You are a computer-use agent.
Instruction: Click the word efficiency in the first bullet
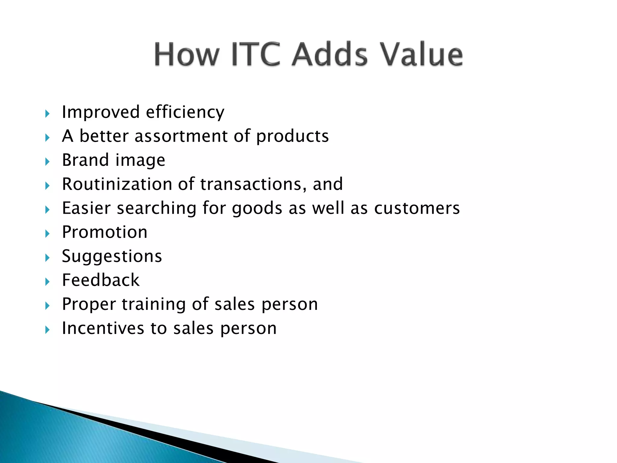point(185,112)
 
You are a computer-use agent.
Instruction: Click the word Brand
point(85,160)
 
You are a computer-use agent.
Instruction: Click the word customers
point(417,208)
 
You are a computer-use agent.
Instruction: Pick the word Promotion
point(105,232)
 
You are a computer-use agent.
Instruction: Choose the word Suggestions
point(112,257)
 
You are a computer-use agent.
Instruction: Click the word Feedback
point(101,280)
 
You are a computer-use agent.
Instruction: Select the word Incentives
point(103,328)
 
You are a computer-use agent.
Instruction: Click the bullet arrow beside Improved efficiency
point(47,114)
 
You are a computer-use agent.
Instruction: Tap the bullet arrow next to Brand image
point(47,162)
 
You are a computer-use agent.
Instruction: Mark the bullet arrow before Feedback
point(47,282)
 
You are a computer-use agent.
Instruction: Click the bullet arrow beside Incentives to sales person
point(47,329)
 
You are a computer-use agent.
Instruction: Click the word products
point(292,137)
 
